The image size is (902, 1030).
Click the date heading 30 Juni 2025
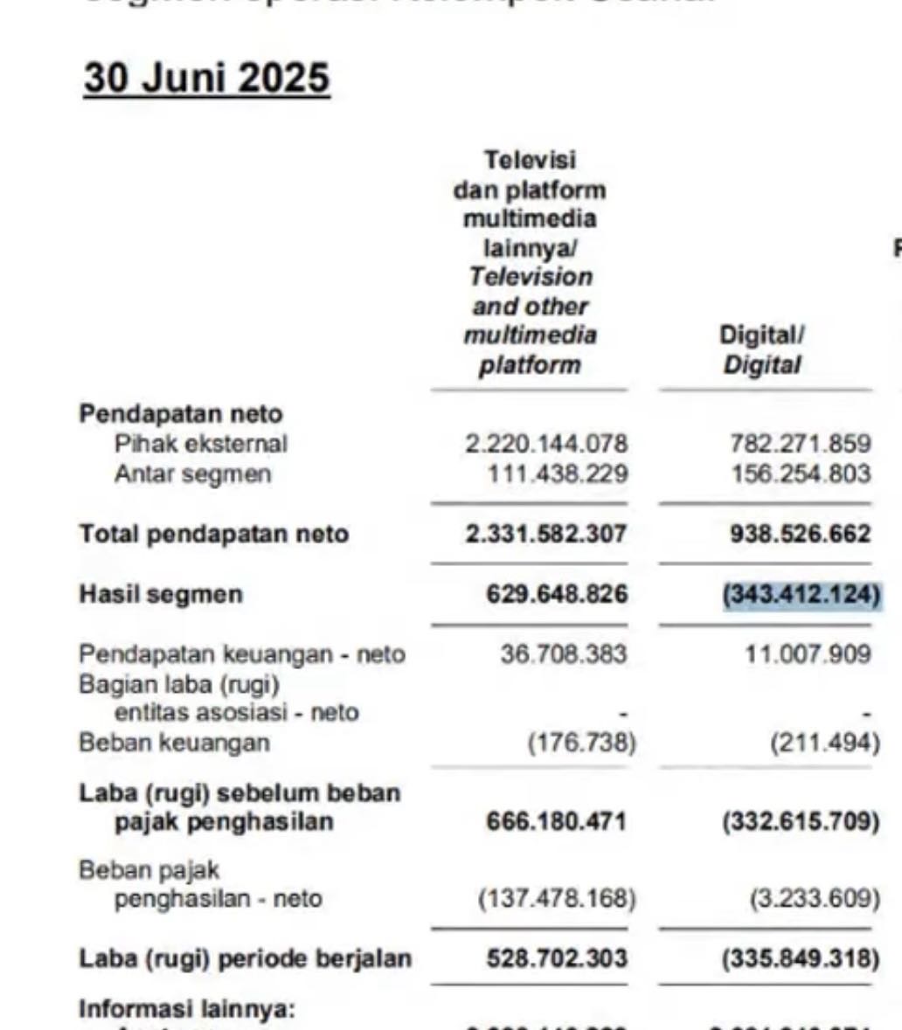tap(206, 78)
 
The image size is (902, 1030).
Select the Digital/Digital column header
tap(761, 349)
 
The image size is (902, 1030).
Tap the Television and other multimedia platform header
tap(530, 262)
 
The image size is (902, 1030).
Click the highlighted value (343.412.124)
tap(801, 594)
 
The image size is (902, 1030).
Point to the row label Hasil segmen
tap(161, 594)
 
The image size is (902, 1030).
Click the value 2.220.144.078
tap(545, 444)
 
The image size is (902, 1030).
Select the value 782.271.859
tap(800, 444)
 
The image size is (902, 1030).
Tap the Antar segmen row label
tap(192, 474)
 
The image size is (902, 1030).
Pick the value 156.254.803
tap(800, 474)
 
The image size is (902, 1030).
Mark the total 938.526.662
tap(800, 534)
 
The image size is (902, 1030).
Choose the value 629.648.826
tap(557, 594)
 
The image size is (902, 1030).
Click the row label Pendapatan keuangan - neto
tap(241, 654)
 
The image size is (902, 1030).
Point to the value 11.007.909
tap(808, 654)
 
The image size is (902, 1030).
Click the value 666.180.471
tap(557, 822)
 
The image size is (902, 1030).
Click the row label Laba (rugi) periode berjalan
tap(245, 958)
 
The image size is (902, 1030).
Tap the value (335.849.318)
tap(801, 958)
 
